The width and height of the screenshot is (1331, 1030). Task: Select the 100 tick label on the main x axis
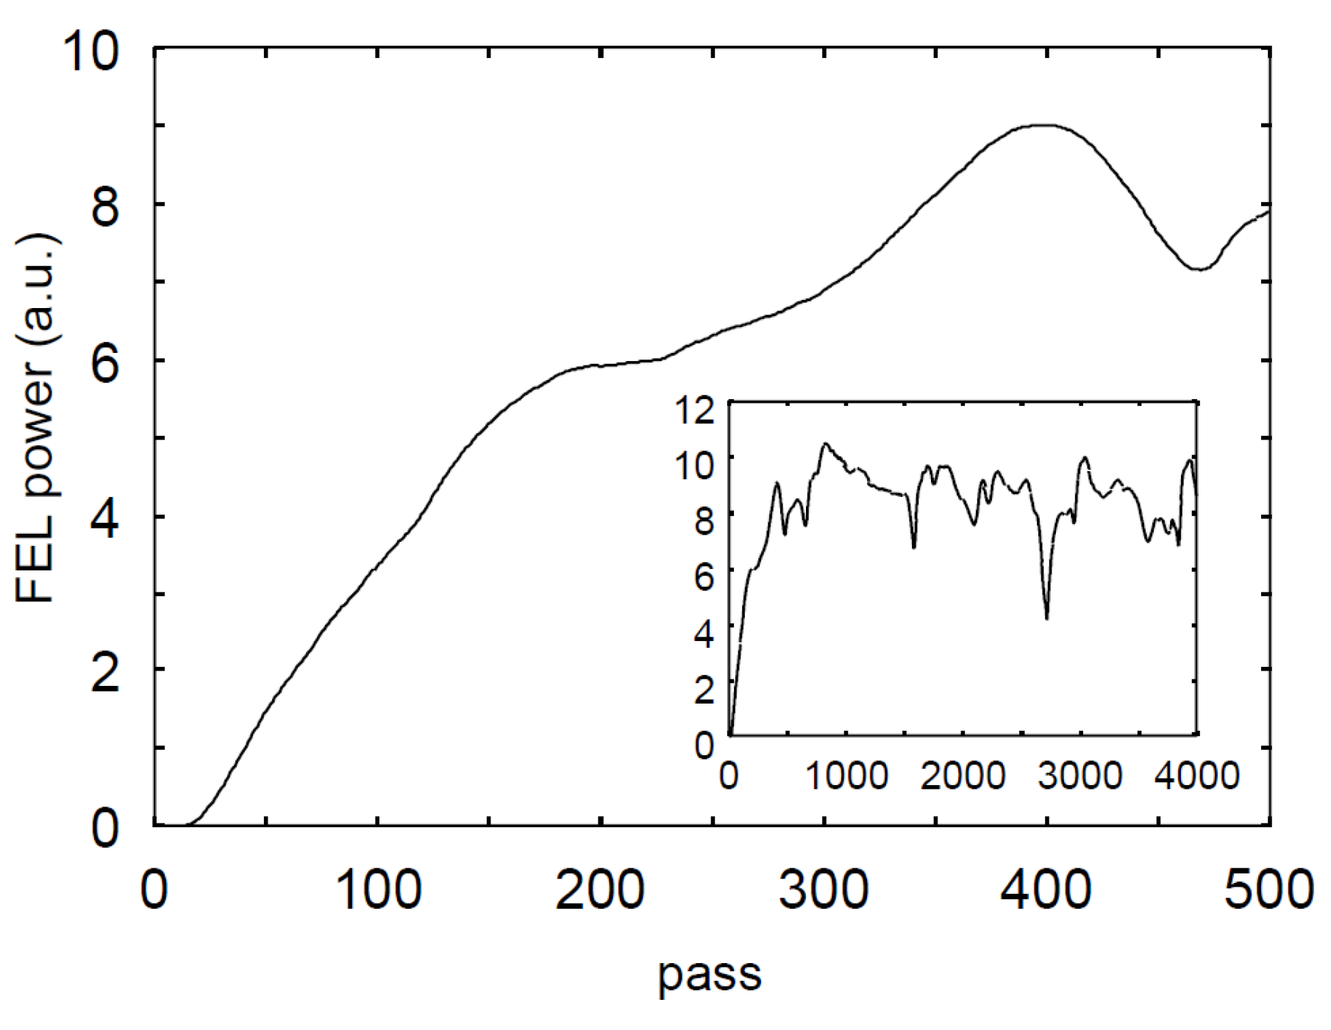(x=377, y=890)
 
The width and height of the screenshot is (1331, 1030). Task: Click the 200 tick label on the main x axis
(x=600, y=890)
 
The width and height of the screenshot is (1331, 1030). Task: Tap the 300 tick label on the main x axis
(x=824, y=890)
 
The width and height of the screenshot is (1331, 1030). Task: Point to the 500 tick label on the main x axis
(x=1268, y=890)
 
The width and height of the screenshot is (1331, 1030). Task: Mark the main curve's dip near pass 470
(x=1199, y=269)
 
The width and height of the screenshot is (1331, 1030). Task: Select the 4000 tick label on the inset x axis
(x=1196, y=776)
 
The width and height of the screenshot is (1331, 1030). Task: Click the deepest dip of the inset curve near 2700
(x=1046, y=618)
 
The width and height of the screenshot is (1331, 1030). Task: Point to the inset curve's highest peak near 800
(x=825, y=443)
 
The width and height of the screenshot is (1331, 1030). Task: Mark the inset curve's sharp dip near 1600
(x=914, y=548)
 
